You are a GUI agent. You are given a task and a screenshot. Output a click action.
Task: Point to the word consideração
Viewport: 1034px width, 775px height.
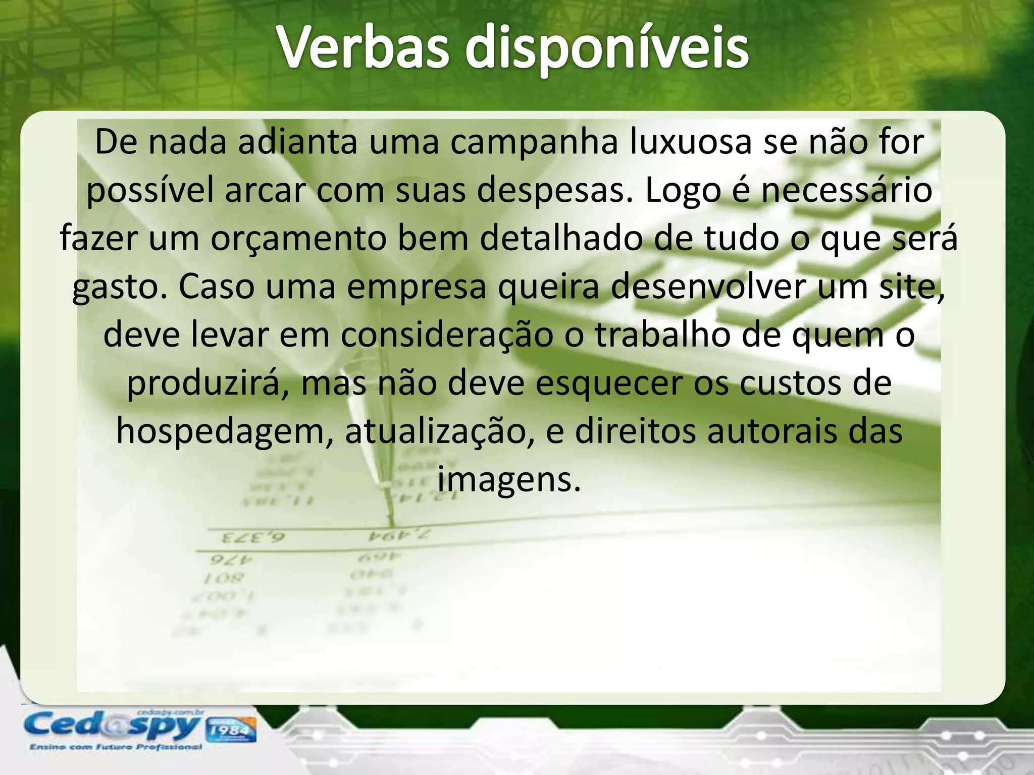click(447, 335)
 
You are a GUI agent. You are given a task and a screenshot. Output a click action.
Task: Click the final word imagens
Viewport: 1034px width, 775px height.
click(509, 480)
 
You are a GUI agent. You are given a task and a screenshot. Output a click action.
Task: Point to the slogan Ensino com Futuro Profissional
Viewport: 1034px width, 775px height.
click(116, 747)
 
